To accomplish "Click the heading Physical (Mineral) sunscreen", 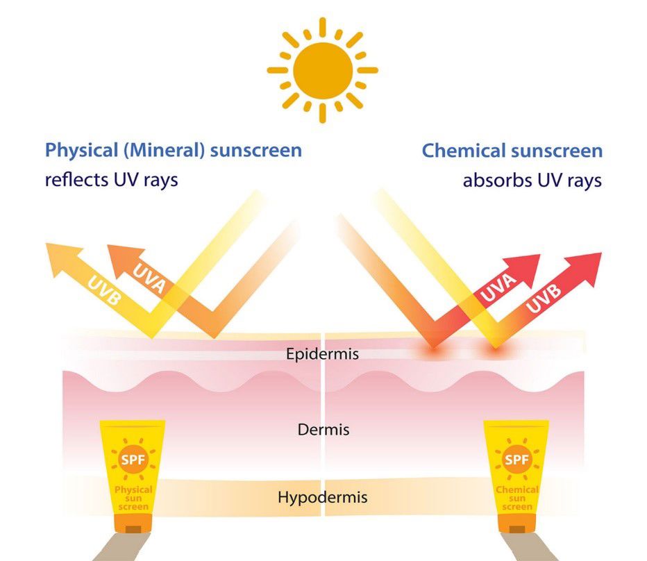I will pyautogui.click(x=174, y=150).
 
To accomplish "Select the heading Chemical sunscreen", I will pyautogui.click(x=512, y=150).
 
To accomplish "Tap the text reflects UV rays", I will pyautogui.click(x=111, y=180).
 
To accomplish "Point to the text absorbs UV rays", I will pyautogui.click(x=532, y=181).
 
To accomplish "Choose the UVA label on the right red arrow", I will pyautogui.click(x=497, y=289).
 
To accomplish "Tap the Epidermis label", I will pyautogui.click(x=322, y=354).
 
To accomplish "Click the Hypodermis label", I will pyautogui.click(x=322, y=497).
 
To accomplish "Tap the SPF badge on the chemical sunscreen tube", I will pyautogui.click(x=516, y=460).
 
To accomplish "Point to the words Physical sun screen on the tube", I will pyautogui.click(x=133, y=498).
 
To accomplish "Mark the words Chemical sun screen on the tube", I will pyautogui.click(x=516, y=498).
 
